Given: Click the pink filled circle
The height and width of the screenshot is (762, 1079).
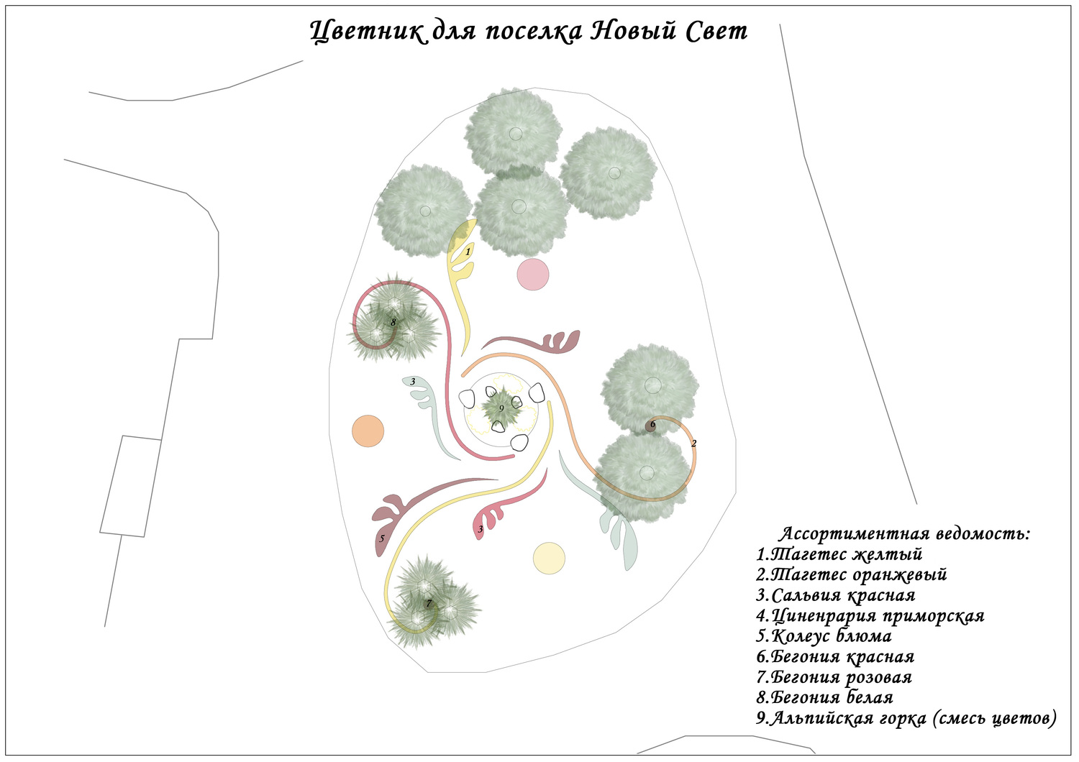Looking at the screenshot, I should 533,274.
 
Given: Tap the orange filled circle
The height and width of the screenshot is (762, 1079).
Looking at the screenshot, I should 368,431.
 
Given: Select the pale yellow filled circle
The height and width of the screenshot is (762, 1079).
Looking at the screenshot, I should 549,558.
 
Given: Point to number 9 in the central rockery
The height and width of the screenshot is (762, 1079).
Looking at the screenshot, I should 501,408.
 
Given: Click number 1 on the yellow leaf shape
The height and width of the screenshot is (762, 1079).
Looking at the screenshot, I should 468,252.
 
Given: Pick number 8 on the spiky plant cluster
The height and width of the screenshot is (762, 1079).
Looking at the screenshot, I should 393,322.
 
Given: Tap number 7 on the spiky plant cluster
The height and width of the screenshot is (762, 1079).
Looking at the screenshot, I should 429,603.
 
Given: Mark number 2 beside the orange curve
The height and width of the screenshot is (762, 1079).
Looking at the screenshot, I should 693,444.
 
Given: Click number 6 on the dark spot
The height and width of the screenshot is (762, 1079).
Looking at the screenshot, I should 652,425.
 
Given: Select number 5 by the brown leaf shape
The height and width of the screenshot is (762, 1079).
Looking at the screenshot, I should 382,538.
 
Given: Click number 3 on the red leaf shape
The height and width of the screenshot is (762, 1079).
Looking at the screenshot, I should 481,530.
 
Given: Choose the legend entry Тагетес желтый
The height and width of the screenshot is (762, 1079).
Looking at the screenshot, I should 839,554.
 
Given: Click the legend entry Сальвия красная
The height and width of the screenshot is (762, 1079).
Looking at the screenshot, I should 836,595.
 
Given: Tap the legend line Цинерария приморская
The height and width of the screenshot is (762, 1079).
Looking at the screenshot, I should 870,616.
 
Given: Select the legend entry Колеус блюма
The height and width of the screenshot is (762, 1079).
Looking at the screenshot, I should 824,636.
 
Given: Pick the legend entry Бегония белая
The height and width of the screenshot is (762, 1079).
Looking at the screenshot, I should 825,697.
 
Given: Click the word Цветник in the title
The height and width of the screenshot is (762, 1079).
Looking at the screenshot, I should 368,32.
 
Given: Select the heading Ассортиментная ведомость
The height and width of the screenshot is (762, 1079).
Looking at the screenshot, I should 905,534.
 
